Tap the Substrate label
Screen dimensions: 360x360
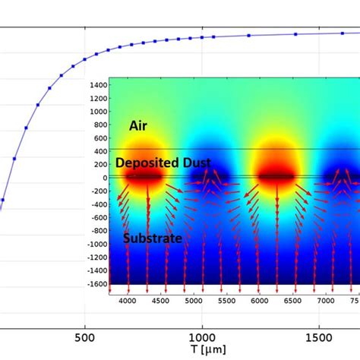click(153, 238)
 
